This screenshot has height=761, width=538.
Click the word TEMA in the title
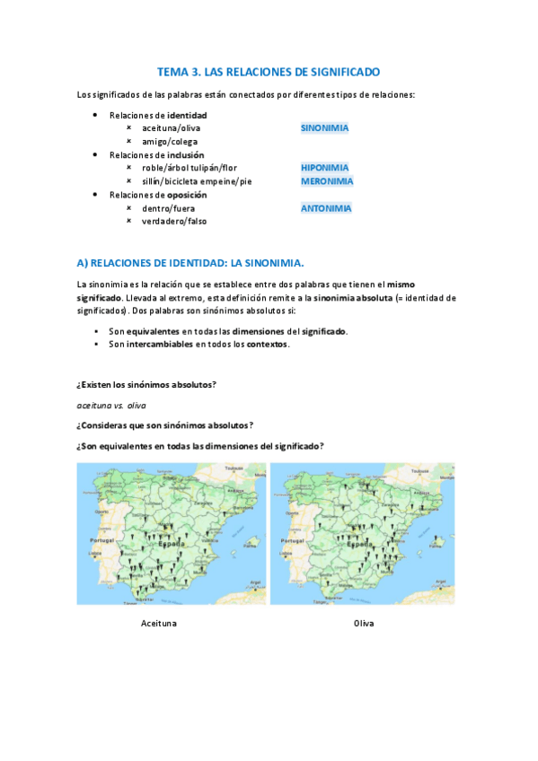(x=172, y=70)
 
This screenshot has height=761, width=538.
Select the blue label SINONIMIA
(x=324, y=127)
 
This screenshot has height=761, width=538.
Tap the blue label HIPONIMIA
(x=325, y=167)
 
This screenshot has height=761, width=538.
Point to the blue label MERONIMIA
(x=327, y=180)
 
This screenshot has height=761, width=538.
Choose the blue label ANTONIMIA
(x=326, y=208)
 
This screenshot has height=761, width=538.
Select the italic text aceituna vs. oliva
(x=111, y=405)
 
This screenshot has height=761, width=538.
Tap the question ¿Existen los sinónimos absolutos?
(x=146, y=384)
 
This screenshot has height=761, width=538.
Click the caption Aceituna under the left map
(x=159, y=623)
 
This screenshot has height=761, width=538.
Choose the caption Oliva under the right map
(x=364, y=623)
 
